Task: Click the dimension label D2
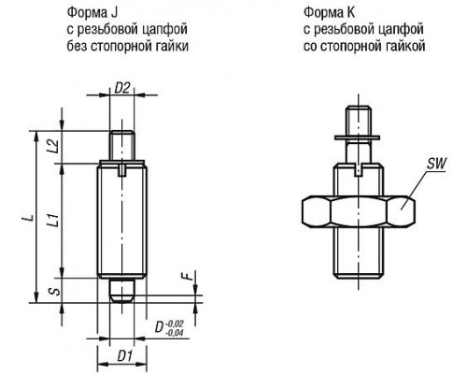tap(122, 88)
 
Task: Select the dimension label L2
tap(53, 146)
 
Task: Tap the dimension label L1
tap(53, 220)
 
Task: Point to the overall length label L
tap(29, 217)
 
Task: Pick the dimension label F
tap(186, 276)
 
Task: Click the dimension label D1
tap(125, 356)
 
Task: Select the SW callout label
tap(436, 163)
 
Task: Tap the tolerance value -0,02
tap(175, 324)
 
